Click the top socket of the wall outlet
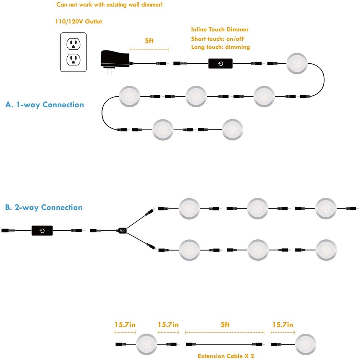pyautogui.click(x=73, y=44)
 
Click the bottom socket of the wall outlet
pyautogui.click(x=73, y=60)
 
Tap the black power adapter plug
pyautogui.click(x=115, y=60)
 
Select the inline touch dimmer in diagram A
pyautogui.click(x=220, y=64)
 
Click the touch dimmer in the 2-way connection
pyautogui.click(x=42, y=230)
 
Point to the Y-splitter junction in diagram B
pyautogui.click(x=122, y=230)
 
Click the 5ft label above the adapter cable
pyautogui.click(x=149, y=41)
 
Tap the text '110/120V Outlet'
pyautogui.click(x=78, y=22)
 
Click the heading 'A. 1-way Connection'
pyautogui.click(x=45, y=105)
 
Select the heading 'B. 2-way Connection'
pyautogui.click(x=44, y=207)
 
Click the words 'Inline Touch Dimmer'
pyautogui.click(x=220, y=30)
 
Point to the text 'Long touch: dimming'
pyautogui.click(x=220, y=47)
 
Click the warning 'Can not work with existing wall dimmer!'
pyautogui.click(x=109, y=5)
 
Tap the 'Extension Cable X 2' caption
pyautogui.click(x=226, y=356)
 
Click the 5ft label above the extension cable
pyautogui.click(x=225, y=325)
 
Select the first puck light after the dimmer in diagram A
pyautogui.click(x=297, y=64)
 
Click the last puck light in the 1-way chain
pyautogui.click(x=232, y=130)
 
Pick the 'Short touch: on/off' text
pyautogui.click(x=217, y=39)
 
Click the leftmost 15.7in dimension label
pyautogui.click(x=125, y=325)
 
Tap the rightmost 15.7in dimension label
pyautogui.click(x=283, y=325)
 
